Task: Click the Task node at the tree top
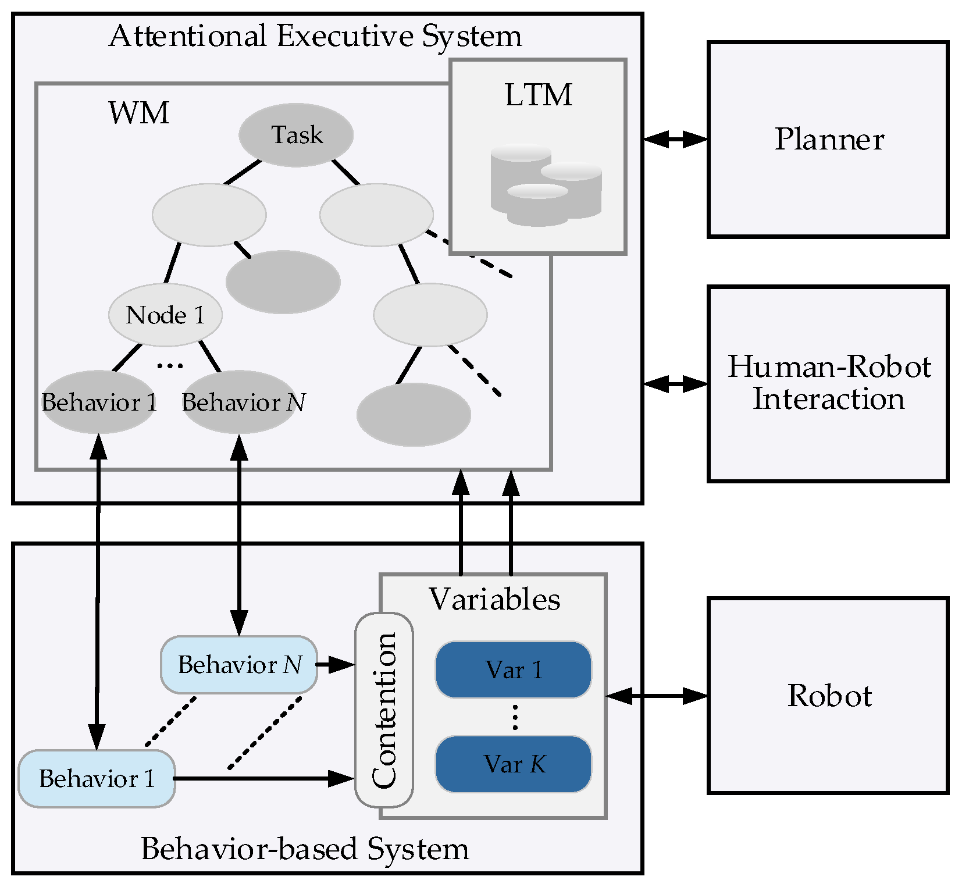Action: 296,135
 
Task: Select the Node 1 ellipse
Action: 165,315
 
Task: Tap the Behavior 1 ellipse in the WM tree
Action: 99,402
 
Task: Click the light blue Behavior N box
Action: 239,664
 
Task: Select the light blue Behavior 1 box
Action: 97,778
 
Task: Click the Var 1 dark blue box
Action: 514,669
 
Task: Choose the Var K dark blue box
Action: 514,764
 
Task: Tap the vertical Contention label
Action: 384,710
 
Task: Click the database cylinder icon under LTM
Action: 546,185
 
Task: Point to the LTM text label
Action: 539,95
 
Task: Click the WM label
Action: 138,113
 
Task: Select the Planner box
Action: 828,140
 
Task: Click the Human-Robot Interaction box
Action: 828,383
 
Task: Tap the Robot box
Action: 828,695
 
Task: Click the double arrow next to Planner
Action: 675,139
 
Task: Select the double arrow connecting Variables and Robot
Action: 657,695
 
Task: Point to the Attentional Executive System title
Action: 315,36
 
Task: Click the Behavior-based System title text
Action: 305,849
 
